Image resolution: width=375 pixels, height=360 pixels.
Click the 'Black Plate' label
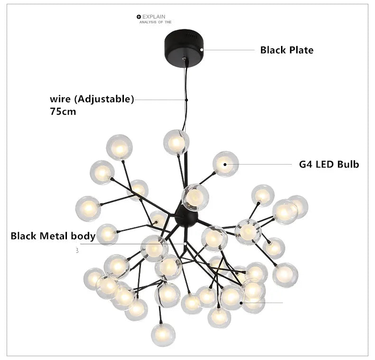click(x=287, y=50)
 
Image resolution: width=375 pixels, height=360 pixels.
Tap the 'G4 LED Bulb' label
click(x=328, y=165)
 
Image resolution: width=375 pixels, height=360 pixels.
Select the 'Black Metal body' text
click(x=53, y=236)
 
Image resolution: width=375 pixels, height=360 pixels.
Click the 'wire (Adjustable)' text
click(x=92, y=99)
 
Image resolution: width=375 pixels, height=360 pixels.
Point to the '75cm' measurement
click(x=63, y=112)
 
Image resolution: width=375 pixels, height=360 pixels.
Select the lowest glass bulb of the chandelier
click(x=163, y=334)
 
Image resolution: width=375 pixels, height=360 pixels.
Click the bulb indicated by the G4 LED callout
click(x=225, y=164)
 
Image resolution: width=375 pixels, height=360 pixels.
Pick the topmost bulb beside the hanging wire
click(x=176, y=142)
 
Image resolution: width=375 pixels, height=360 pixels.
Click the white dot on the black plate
click(x=202, y=49)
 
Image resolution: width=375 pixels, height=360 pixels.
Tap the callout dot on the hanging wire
click(x=187, y=100)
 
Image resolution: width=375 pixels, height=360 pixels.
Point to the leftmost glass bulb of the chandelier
click(x=88, y=208)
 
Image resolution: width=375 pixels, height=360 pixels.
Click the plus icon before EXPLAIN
click(x=139, y=17)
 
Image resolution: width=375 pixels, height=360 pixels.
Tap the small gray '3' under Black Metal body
click(x=77, y=250)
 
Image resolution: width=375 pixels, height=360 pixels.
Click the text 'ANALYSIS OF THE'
click(x=155, y=22)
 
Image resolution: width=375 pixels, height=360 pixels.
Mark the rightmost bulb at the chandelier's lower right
click(x=285, y=275)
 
